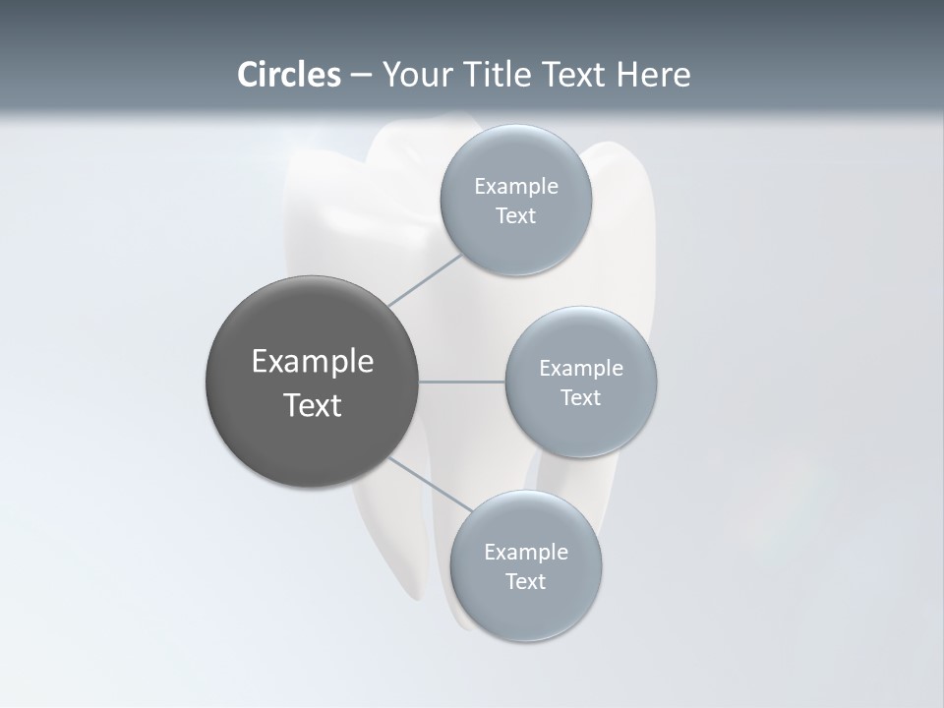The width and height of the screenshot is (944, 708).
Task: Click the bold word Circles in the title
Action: (x=289, y=75)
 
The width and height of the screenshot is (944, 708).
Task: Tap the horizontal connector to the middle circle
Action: (x=462, y=382)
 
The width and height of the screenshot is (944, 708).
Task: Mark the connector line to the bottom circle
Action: (x=430, y=483)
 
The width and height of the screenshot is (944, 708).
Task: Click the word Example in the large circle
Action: (x=313, y=362)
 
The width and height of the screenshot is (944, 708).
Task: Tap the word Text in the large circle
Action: (x=313, y=405)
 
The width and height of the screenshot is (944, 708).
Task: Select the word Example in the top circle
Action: (x=516, y=187)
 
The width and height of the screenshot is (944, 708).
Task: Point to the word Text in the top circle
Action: (x=515, y=216)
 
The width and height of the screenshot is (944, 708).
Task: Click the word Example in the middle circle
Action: (x=581, y=369)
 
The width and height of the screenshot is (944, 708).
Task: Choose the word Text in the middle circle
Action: (x=580, y=398)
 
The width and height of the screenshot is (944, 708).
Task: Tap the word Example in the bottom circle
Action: (x=526, y=553)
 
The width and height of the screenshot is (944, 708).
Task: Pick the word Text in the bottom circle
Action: (x=525, y=582)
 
